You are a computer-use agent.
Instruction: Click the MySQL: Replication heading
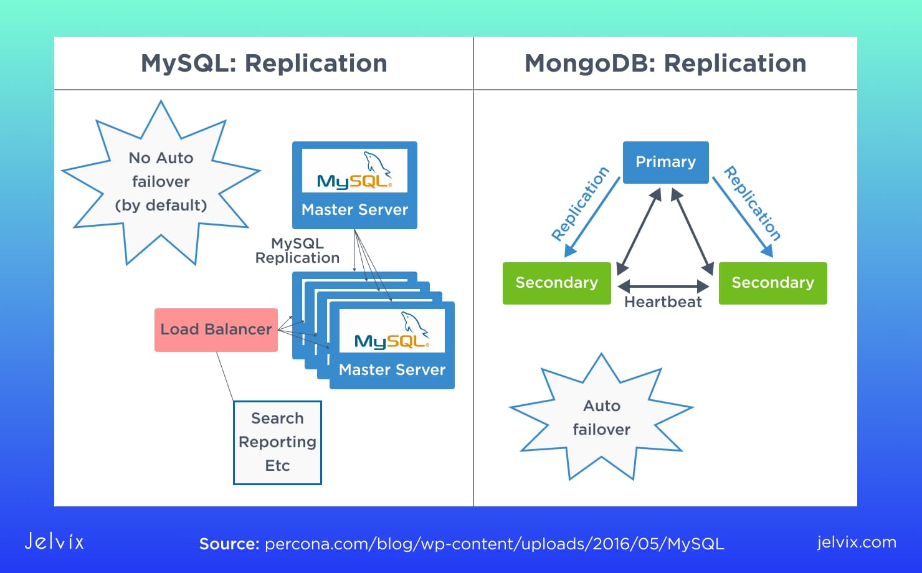[264, 64]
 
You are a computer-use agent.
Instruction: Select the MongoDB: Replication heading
[665, 64]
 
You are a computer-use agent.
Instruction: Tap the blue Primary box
[665, 162]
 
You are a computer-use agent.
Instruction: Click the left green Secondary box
[556, 283]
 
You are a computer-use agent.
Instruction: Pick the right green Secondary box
[772, 283]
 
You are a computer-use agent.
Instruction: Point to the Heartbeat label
[663, 302]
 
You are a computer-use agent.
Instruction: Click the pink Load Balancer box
[216, 329]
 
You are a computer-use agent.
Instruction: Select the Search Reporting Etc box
[277, 442]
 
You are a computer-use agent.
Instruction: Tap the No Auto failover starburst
[161, 181]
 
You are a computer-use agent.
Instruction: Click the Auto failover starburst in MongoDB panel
[601, 417]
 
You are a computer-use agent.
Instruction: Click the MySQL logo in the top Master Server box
[354, 171]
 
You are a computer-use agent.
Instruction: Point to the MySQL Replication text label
[297, 251]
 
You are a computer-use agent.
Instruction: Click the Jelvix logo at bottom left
[54, 541]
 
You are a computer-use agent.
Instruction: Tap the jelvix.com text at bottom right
[857, 542]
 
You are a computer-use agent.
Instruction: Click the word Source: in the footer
[229, 544]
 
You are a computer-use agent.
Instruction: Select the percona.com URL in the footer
[494, 544]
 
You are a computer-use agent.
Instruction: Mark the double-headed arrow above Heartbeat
[663, 286]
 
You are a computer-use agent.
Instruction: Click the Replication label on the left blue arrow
[580, 204]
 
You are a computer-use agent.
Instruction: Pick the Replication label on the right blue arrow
[752, 204]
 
